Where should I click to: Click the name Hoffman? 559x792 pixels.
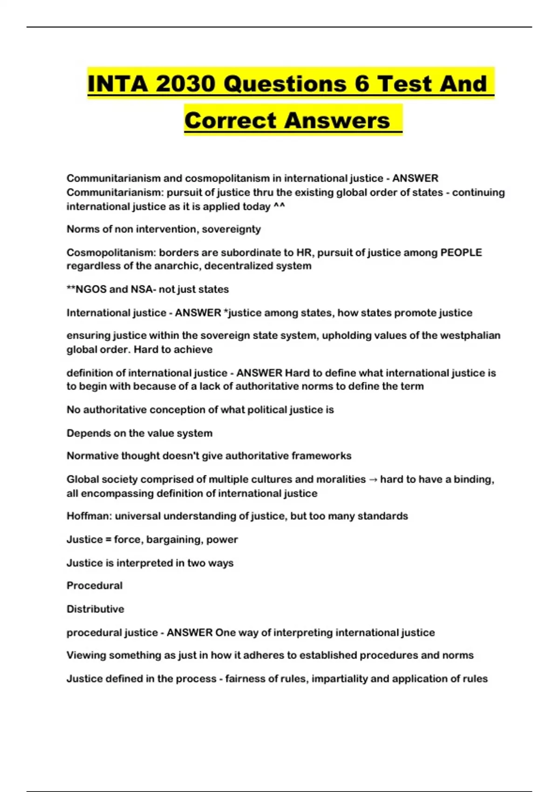coord(89,516)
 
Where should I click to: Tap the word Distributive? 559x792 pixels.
coord(95,609)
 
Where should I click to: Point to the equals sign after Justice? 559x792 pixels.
coord(109,539)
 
